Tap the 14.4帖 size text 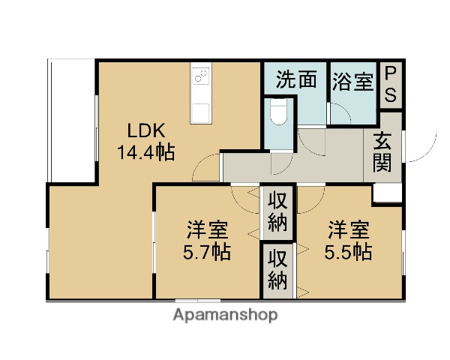pyautogui.click(x=145, y=152)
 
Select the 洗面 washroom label pyautogui.click(x=295, y=80)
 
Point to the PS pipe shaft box pyautogui.click(x=391, y=84)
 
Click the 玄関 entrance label pyautogui.click(x=382, y=151)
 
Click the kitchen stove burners pyautogui.click(x=200, y=76)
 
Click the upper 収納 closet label pyautogui.click(x=278, y=211)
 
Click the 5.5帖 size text pyautogui.click(x=348, y=251)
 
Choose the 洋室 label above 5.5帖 pyautogui.click(x=348, y=229)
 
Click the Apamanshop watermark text pyautogui.click(x=225, y=315)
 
